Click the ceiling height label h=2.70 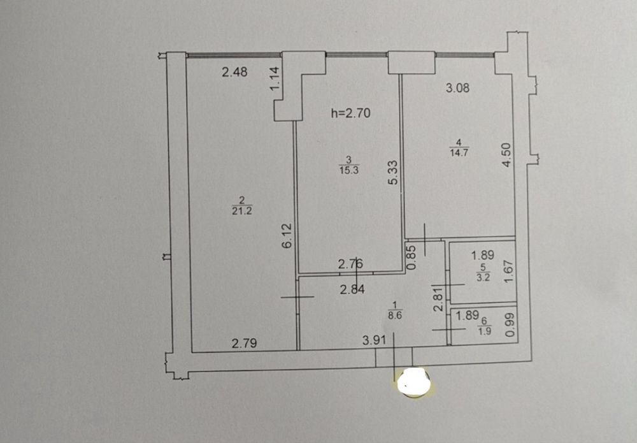350,113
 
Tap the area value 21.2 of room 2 242,211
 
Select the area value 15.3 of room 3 349,170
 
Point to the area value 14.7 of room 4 459,153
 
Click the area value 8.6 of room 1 395,316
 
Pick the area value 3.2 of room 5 483,278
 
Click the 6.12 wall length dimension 287,236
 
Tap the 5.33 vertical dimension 393,173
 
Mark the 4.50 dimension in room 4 508,155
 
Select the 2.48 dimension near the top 235,72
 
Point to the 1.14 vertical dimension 275,79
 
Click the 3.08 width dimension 458,88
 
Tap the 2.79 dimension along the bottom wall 244,344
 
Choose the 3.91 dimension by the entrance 374,340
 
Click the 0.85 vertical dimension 412,257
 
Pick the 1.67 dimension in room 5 508,272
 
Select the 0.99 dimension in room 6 510,324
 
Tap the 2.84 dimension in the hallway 352,290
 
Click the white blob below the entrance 414,382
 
